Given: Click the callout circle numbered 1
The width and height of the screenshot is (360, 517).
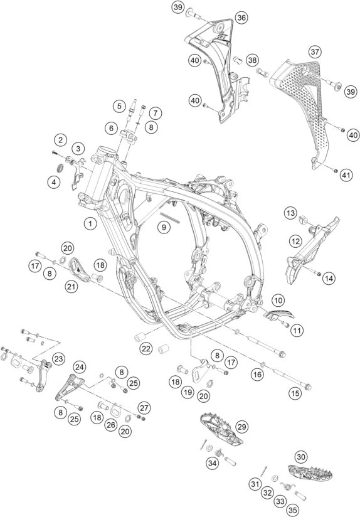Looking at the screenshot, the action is point(90,224).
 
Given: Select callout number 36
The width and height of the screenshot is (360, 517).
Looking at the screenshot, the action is point(241,18).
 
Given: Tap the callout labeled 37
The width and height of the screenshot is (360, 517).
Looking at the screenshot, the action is point(315,52).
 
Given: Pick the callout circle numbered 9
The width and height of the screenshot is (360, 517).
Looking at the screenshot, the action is point(164,227).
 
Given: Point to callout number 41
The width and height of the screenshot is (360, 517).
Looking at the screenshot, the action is point(346,176).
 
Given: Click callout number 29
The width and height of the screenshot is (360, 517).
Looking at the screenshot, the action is point(241,427).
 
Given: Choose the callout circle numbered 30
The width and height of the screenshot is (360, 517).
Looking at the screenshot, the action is point(300,457).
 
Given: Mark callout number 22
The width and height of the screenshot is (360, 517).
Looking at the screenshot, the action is point(146,348).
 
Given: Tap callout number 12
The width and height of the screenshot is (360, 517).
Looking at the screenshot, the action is point(295,242).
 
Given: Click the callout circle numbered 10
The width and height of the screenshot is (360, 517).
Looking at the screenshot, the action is point(278,301).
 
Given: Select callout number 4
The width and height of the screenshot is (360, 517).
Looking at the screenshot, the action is point(54,182).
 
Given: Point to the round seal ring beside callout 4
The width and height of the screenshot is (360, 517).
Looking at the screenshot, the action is point(61,168).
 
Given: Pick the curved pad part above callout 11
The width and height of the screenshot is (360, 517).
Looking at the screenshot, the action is point(278,314).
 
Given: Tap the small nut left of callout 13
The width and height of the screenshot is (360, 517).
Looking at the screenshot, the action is point(304,220).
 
